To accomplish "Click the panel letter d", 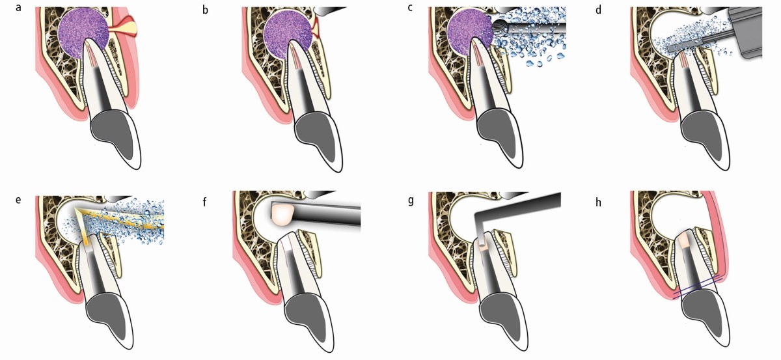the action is coord(598,10).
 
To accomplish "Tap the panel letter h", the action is coord(598,199).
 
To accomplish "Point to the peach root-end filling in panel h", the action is coord(684,240).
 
